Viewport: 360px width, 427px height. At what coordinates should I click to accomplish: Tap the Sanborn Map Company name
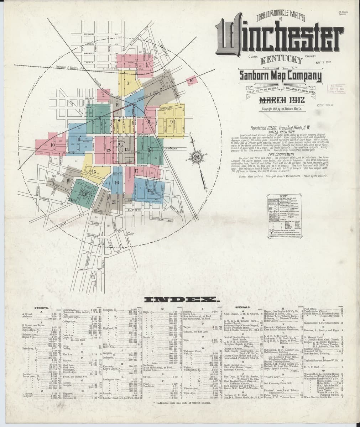click(x=280, y=76)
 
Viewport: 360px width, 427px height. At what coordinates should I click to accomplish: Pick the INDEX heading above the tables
click(x=180, y=300)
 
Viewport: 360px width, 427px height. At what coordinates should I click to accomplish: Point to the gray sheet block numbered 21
click(x=113, y=201)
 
